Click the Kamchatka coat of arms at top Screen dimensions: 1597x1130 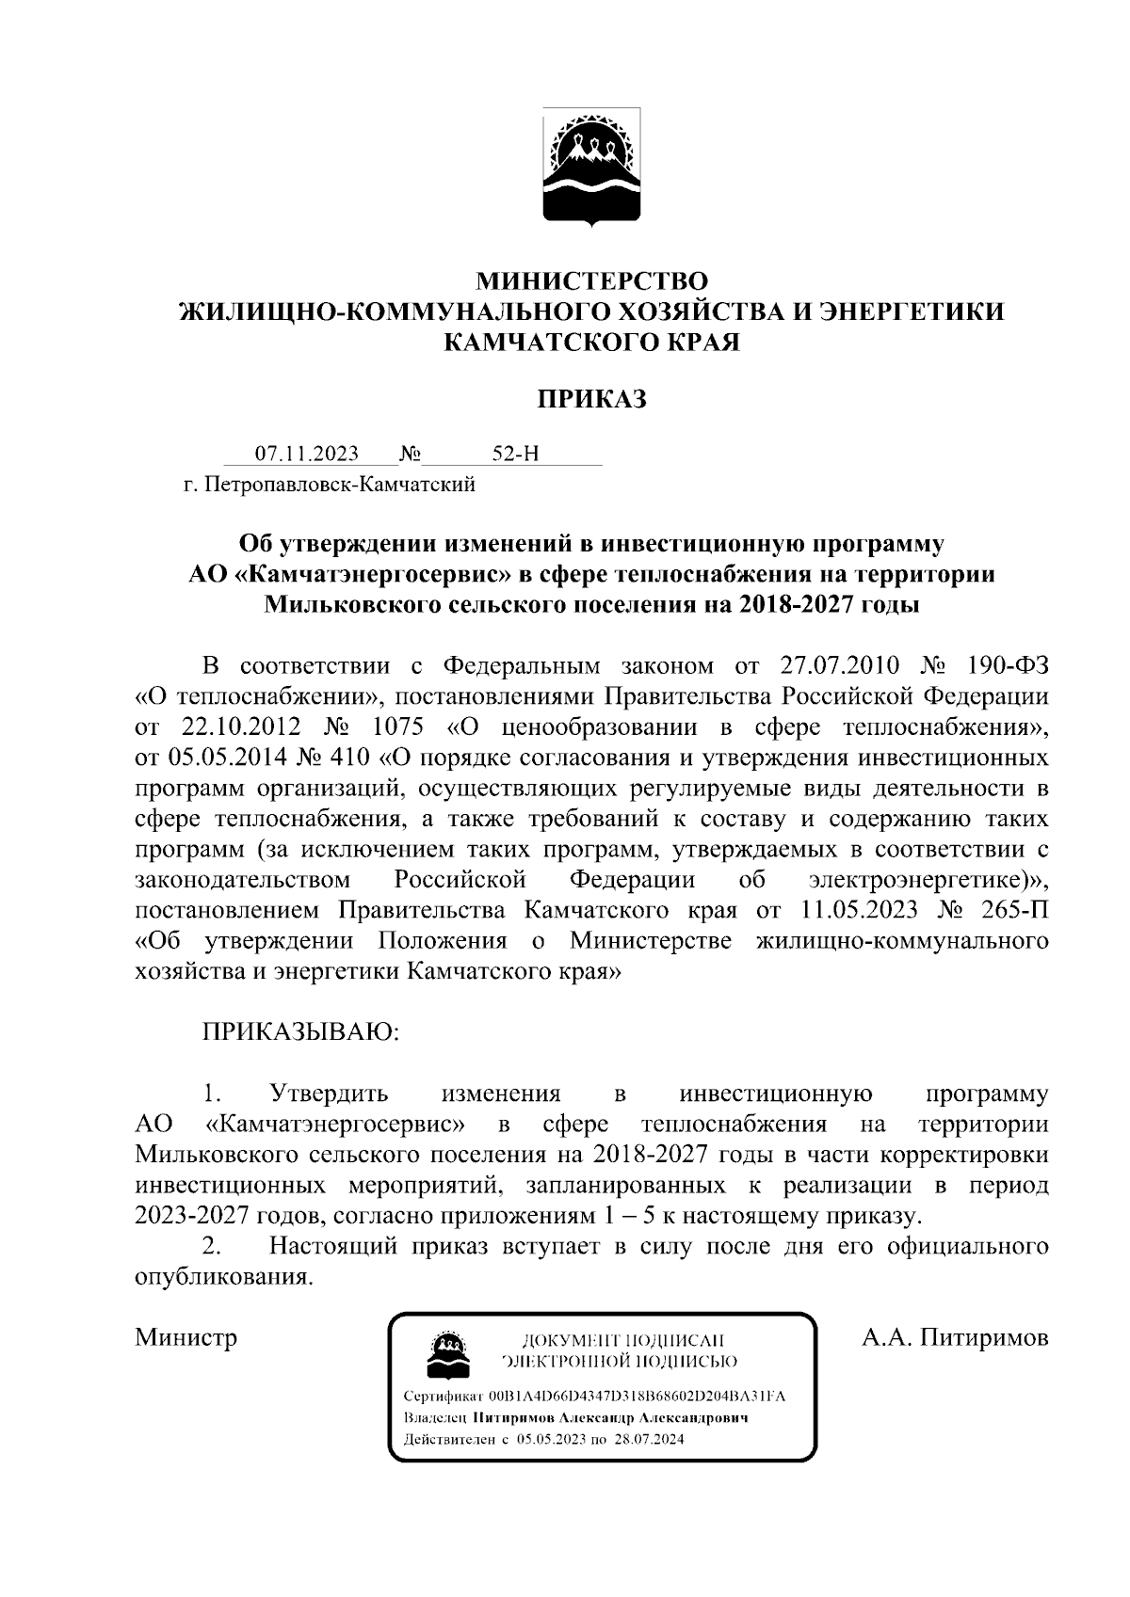coord(591,168)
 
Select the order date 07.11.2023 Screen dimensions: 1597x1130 coord(308,454)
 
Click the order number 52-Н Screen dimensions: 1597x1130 coord(516,454)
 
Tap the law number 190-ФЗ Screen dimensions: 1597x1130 coord(1007,665)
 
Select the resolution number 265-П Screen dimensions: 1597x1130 coord(1014,911)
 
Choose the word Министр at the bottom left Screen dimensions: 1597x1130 coord(186,1337)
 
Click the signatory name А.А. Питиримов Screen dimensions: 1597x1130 coord(955,1337)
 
